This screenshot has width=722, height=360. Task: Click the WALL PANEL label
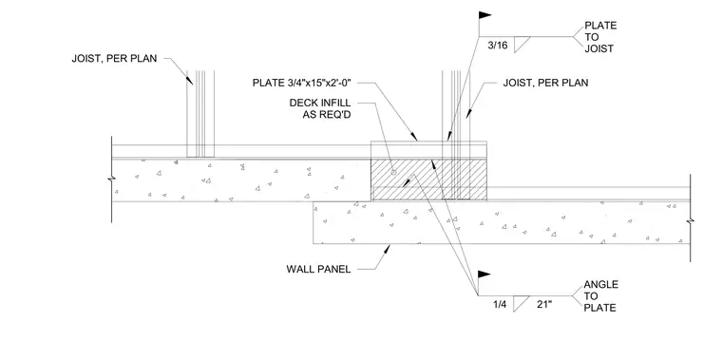click(x=318, y=269)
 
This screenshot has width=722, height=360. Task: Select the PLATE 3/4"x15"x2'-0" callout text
click(x=302, y=83)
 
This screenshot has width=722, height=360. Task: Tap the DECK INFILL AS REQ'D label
click(x=320, y=108)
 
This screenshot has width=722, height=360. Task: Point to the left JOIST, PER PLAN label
click(x=114, y=59)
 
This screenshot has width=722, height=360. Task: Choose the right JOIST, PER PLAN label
click(x=545, y=84)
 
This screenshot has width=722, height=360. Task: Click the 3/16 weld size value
click(x=497, y=46)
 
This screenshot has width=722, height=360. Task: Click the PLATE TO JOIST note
click(x=600, y=37)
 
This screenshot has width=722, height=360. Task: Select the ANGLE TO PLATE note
click(x=600, y=296)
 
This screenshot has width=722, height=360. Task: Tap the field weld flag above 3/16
click(x=484, y=15)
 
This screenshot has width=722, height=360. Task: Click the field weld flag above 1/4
click(x=484, y=275)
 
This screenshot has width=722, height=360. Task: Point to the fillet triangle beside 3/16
click(x=520, y=45)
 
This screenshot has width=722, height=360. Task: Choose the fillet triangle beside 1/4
click(x=519, y=303)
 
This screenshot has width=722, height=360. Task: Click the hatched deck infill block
click(x=428, y=180)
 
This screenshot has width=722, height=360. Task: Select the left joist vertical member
click(x=200, y=114)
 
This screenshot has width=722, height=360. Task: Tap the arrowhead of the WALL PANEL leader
click(x=388, y=249)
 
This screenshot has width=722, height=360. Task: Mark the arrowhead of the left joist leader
click(x=190, y=80)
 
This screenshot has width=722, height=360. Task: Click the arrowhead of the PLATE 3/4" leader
click(x=414, y=137)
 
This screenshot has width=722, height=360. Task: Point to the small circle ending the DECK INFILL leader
click(x=393, y=173)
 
